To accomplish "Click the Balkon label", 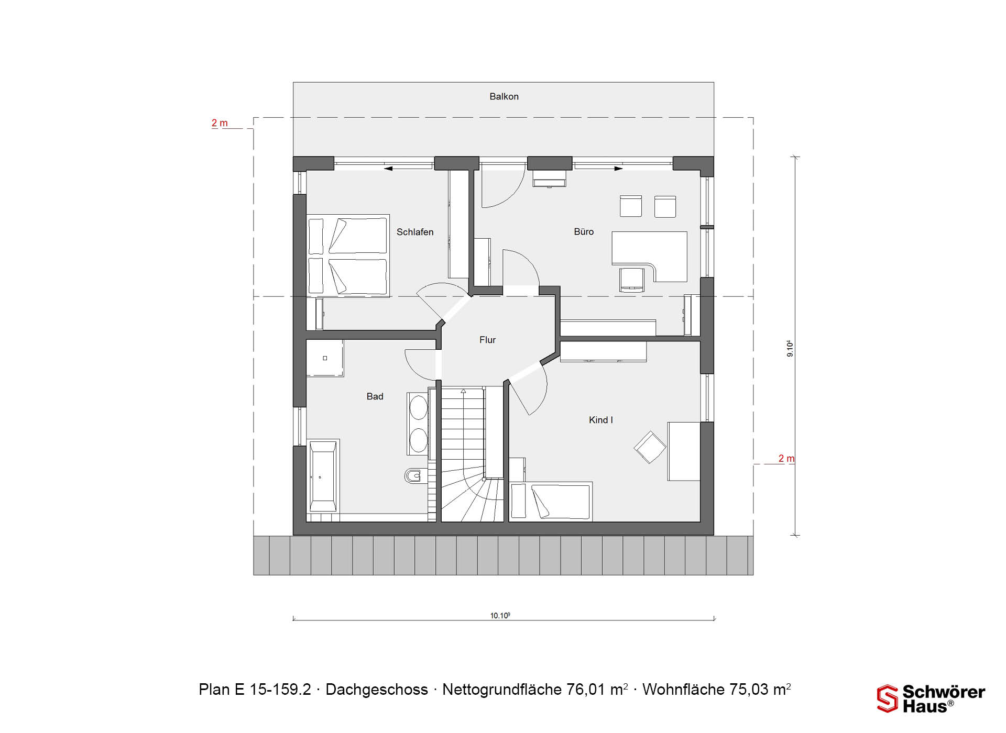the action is pos(504,96).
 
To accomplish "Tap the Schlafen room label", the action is pos(415,232).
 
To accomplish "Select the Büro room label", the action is pos(584,231).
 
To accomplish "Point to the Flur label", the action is pos(487,340).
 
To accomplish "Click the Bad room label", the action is pos(375,396).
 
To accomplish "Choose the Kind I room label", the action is pos(600,420).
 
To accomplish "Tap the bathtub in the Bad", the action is pos(323,476).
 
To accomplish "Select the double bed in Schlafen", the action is pos(348,256).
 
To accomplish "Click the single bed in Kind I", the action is pos(551,502).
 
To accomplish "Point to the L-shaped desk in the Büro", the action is pos(650,256).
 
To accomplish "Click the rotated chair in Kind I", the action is pos(650,447).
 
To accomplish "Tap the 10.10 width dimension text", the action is pos(500,616).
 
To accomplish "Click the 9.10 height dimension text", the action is pos(790,349).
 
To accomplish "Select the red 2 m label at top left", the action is pos(220,123).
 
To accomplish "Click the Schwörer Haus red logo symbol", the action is pos(887,698).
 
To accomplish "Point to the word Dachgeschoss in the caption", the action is pos(377,690).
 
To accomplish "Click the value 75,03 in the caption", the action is pos(751,690).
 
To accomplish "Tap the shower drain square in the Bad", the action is pos(325,358).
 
